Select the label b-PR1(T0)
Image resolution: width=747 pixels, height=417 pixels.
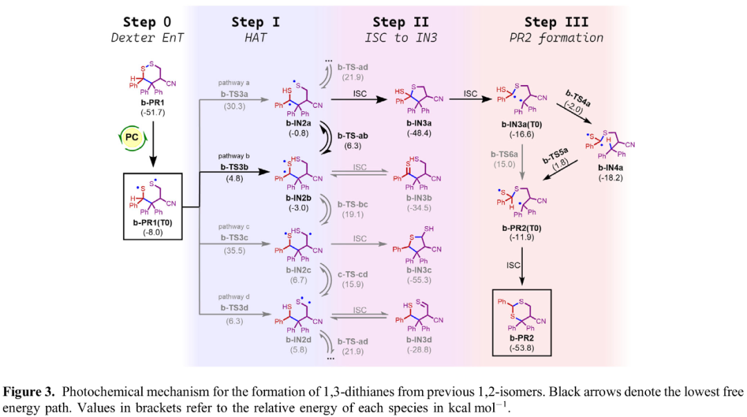click(x=152, y=223)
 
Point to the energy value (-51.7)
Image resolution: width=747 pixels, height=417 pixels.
click(x=152, y=112)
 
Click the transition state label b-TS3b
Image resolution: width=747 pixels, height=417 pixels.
click(x=234, y=167)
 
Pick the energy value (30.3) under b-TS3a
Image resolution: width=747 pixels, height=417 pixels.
click(x=234, y=106)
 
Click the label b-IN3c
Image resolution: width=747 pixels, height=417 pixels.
click(x=419, y=270)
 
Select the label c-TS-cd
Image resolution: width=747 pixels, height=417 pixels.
click(x=353, y=275)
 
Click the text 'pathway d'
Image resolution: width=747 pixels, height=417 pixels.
click(x=234, y=297)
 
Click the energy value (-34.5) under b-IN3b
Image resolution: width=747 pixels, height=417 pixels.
click(x=419, y=207)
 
